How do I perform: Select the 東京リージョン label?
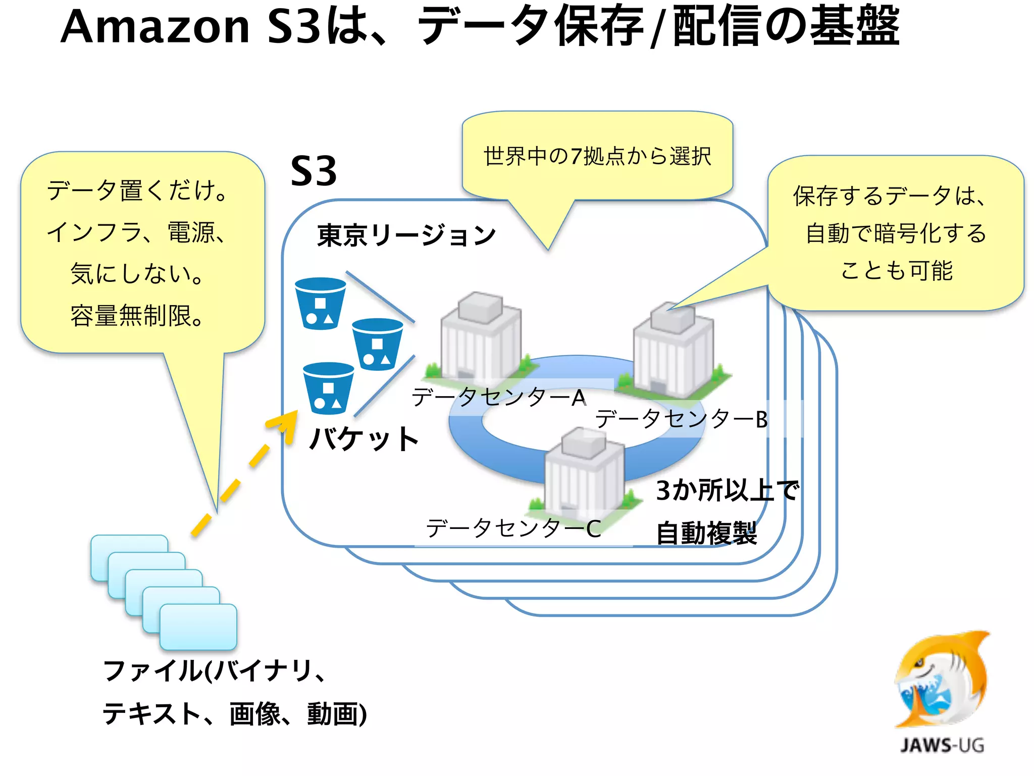point(407,235)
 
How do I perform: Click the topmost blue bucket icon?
point(320,303)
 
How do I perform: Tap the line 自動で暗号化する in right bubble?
point(896,233)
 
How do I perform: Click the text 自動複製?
point(706,533)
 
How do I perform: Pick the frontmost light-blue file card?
point(198,626)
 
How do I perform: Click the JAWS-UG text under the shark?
point(942,745)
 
